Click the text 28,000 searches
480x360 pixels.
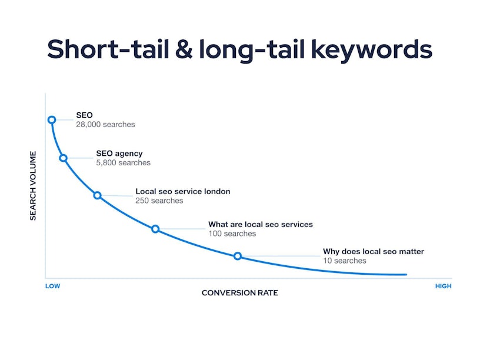click(x=105, y=124)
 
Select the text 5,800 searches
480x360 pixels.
click(x=123, y=162)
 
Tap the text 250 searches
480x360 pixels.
click(x=159, y=201)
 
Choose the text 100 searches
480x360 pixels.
click(x=232, y=234)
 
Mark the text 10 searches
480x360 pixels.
click(x=344, y=261)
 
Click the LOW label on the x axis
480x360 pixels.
click(x=53, y=286)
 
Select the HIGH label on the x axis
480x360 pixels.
click(x=444, y=286)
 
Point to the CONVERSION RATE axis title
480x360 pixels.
click(x=239, y=293)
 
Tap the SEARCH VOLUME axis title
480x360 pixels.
click(x=33, y=185)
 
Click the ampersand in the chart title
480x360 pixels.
click(x=184, y=49)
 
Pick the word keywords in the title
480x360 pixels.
click(x=372, y=50)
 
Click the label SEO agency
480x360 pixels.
click(x=119, y=154)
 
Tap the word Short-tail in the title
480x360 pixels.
click(x=108, y=49)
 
